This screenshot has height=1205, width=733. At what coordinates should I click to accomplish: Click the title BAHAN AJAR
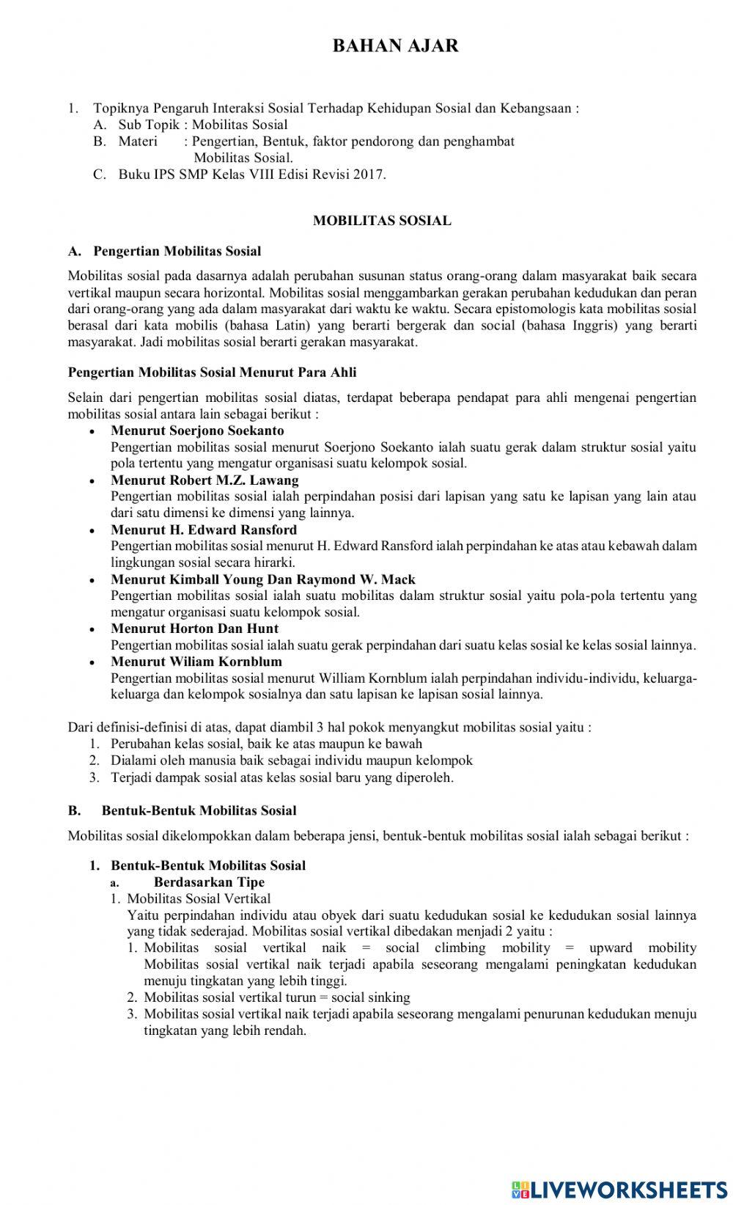point(395,46)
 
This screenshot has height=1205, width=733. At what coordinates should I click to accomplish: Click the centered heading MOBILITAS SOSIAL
point(382,220)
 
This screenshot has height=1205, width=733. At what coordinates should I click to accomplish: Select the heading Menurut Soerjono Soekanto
point(197,431)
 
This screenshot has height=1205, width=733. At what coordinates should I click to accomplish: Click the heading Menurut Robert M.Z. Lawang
point(205,480)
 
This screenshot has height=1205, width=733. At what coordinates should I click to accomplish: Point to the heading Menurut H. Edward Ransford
point(204,530)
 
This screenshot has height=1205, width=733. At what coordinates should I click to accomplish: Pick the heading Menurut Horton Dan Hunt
point(194,629)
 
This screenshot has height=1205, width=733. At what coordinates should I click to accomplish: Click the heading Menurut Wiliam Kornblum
point(196,662)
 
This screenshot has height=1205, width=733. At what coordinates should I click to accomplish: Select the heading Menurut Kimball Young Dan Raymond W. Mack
point(263,579)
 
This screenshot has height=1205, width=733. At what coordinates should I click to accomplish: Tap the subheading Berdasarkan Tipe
point(209,882)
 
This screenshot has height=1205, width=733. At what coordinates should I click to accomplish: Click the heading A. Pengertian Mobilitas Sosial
point(164,252)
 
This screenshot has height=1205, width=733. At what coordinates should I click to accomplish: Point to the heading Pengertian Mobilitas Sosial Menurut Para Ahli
point(212,373)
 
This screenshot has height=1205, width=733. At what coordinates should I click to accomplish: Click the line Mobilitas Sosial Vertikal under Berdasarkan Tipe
point(199,898)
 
